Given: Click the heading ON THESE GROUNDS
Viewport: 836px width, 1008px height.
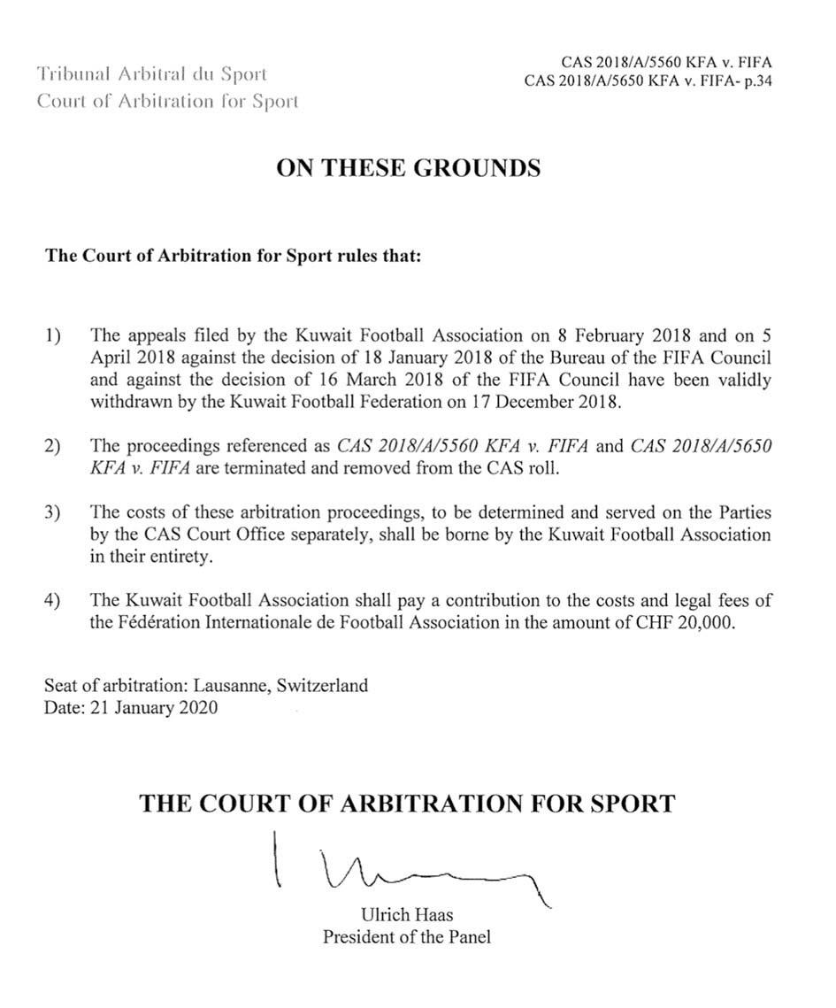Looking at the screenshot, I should pos(408,168).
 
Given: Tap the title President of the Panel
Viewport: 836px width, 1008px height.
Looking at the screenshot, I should pos(406,936).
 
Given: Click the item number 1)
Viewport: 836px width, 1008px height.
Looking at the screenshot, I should pos(53,336).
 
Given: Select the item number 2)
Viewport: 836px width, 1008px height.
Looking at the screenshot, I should pos(53,447).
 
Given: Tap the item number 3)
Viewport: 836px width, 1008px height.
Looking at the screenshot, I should pos(53,513).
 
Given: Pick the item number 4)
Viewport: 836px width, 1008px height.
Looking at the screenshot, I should pos(53,601).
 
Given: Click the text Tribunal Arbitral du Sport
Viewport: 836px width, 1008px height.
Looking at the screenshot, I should pos(151,74).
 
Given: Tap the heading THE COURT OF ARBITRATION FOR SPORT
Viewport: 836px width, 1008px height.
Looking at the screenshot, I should pos(408,804).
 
